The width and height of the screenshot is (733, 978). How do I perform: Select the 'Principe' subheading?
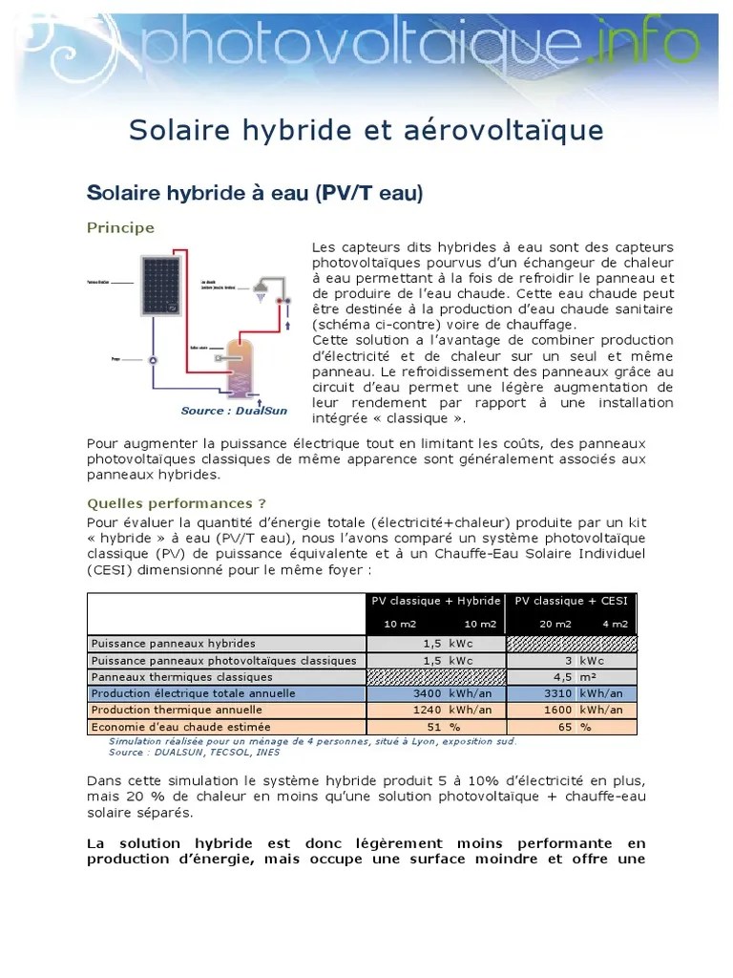tap(120, 227)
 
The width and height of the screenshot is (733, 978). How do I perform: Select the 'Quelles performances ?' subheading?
tap(177, 502)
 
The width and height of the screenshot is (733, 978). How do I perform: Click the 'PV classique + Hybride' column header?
tap(435, 601)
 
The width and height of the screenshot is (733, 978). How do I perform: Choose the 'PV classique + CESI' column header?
tap(571, 601)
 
